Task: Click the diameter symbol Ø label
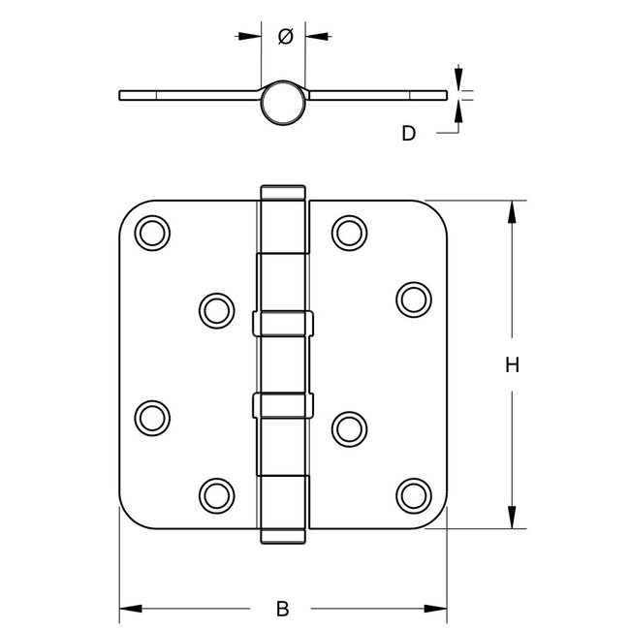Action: [x=286, y=37]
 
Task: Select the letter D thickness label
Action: [x=408, y=134]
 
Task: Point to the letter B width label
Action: [x=282, y=610]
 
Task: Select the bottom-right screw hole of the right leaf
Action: [x=414, y=493]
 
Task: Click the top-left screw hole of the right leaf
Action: [x=349, y=232]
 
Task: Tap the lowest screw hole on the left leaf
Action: [x=216, y=493]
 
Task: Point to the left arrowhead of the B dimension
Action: [x=130, y=610]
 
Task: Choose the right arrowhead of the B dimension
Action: [x=436, y=610]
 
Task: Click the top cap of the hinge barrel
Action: [x=283, y=190]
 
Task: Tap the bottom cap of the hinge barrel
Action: [x=283, y=539]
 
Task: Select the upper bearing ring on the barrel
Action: [x=283, y=323]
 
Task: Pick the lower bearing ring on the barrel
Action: [x=283, y=405]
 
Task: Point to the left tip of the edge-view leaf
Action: [x=121, y=95]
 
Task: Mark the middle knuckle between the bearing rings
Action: [x=283, y=363]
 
